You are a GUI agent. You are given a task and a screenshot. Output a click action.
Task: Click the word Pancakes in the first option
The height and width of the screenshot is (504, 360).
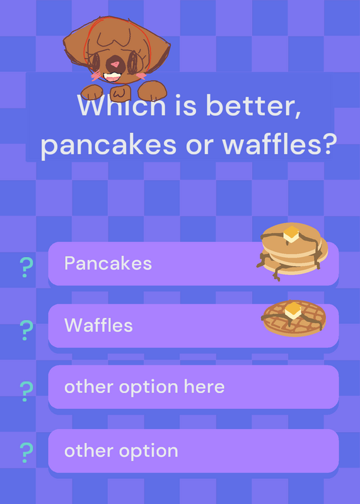pyautogui.click(x=108, y=263)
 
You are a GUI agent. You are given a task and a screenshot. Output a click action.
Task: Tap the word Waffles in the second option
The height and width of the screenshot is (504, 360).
pyautogui.click(x=98, y=325)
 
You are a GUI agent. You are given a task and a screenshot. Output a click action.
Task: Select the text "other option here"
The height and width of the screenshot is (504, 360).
pyautogui.click(x=144, y=387)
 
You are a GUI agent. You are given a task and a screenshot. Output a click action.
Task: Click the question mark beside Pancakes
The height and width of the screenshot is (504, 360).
pyautogui.click(x=26, y=267)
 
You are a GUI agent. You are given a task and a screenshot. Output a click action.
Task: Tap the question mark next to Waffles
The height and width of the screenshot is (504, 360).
pyautogui.click(x=26, y=330)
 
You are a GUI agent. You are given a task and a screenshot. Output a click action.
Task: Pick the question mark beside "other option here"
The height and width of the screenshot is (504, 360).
pyautogui.click(x=26, y=391)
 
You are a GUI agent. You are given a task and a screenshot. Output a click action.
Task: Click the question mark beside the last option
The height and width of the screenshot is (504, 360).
pyautogui.click(x=26, y=452)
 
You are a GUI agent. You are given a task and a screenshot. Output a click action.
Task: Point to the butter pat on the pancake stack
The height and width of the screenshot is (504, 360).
pyautogui.click(x=291, y=234)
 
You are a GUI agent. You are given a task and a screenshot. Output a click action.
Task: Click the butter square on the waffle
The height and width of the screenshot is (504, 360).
pyautogui.click(x=293, y=310)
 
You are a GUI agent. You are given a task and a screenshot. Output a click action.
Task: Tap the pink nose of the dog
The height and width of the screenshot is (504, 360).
pyautogui.click(x=115, y=64)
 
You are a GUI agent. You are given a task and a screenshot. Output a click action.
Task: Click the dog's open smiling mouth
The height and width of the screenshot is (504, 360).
pyautogui.click(x=112, y=77)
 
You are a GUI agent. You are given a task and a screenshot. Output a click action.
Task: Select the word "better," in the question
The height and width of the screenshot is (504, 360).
pyautogui.click(x=253, y=105)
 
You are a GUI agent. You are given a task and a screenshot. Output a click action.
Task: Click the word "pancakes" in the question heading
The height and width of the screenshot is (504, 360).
pyautogui.click(x=108, y=146)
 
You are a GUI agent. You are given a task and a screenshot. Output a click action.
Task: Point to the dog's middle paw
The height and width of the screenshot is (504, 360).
pyautogui.click(x=120, y=93)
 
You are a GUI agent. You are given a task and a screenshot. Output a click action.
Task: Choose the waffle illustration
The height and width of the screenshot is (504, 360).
pyautogui.click(x=294, y=318)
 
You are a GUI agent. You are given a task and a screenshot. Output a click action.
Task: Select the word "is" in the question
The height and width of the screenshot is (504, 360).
pyautogui.click(x=185, y=105)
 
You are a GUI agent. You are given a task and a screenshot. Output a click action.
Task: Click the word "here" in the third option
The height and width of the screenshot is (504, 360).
pyautogui.click(x=204, y=386)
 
